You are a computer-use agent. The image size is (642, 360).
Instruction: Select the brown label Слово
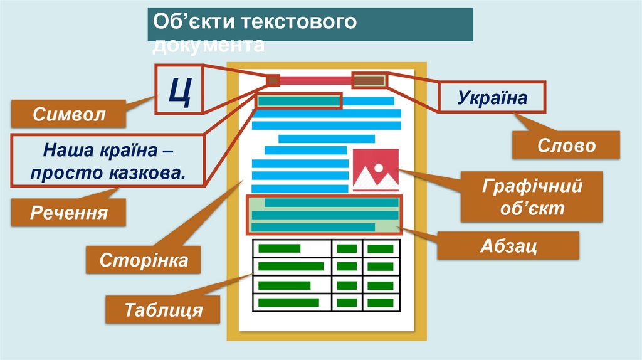coord(567,147)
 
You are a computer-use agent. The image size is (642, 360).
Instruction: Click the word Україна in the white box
coord(492,98)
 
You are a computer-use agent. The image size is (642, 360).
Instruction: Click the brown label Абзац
coord(508,245)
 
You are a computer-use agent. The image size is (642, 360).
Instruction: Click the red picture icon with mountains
coord(376,169)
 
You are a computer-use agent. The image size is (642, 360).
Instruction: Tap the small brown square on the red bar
coord(273,80)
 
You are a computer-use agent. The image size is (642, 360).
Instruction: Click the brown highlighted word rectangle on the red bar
coord(369,80)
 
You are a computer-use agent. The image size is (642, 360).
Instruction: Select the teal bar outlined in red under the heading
coord(299,101)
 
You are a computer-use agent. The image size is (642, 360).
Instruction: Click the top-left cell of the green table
coord(291,248)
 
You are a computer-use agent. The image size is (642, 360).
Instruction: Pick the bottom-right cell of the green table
coord(380,302)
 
